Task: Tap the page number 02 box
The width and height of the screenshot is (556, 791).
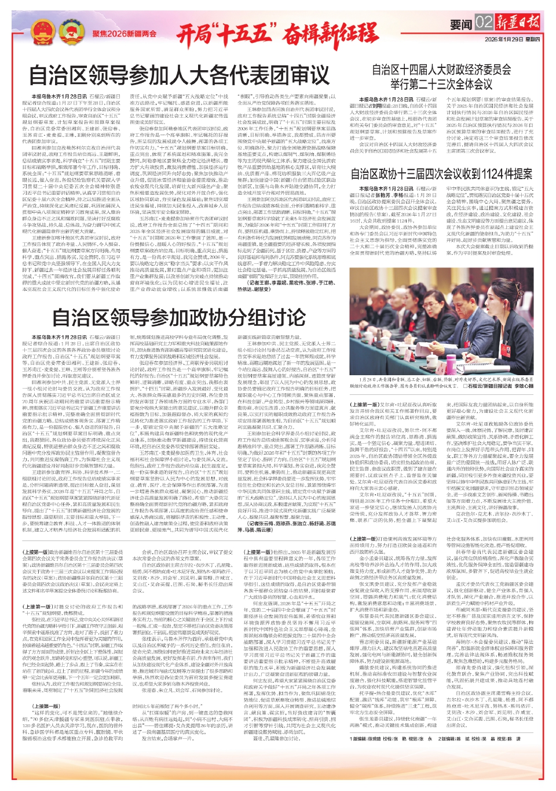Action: coord(484,23)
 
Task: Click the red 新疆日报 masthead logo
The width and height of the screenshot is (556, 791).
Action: coord(517,23)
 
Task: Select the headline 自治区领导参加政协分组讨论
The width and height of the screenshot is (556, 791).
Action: coord(180,317)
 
